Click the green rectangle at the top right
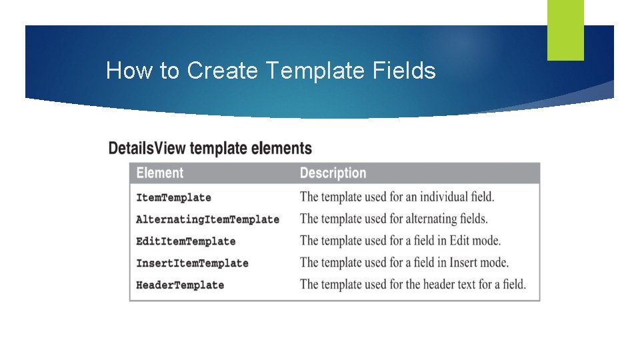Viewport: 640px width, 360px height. click(x=565, y=30)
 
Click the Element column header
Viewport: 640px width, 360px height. click(x=159, y=173)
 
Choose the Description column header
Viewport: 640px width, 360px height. click(x=333, y=173)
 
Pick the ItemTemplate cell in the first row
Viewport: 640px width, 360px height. click(x=173, y=197)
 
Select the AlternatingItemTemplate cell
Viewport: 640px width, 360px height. click(x=207, y=219)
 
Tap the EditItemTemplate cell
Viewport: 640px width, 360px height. click(x=185, y=241)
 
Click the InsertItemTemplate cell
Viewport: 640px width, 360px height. click(x=192, y=263)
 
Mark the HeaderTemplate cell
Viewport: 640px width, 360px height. click(x=180, y=285)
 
